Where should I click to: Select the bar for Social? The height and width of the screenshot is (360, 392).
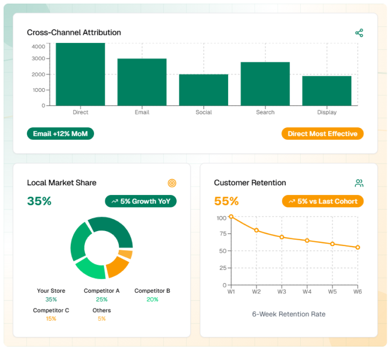[204, 90]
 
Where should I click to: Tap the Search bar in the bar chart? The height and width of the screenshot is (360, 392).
[265, 84]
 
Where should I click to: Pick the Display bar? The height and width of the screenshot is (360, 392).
[326, 91]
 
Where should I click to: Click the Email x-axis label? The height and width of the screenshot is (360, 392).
[142, 112]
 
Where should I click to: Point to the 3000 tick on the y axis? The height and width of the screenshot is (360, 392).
[38, 59]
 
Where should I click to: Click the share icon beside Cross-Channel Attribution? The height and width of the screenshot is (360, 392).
[359, 33]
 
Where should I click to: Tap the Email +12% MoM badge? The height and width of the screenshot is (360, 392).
[60, 134]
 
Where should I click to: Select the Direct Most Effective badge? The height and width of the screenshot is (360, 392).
[322, 134]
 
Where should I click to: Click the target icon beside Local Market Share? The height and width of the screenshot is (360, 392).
[172, 183]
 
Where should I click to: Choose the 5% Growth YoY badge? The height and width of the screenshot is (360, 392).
[141, 201]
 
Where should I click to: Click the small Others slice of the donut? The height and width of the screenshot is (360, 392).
[126, 254]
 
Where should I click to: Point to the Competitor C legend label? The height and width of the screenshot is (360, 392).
[51, 310]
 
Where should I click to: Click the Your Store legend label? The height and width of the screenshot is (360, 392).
[51, 291]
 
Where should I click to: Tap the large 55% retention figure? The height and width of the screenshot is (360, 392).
[226, 201]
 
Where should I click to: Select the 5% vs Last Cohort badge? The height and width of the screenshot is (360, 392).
[323, 201]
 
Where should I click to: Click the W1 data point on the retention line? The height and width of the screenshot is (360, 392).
[231, 217]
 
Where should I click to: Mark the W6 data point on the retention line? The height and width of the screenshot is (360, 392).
[358, 247]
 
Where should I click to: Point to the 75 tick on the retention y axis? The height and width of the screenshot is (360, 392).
[221, 234]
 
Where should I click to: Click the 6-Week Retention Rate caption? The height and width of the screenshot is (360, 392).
[288, 314]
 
